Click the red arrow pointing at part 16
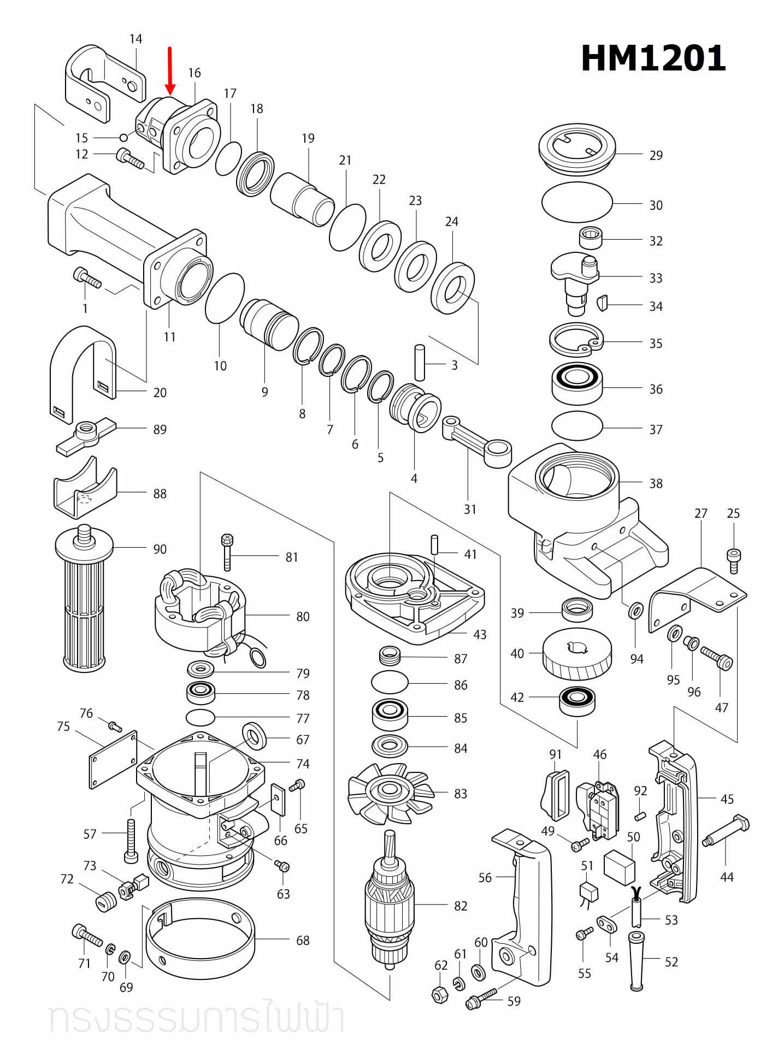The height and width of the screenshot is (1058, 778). [x=170, y=71]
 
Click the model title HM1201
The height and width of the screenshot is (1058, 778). [x=653, y=58]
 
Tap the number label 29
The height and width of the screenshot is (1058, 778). [x=656, y=156]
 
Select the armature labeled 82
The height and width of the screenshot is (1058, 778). [x=390, y=901]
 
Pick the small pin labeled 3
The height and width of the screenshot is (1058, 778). [x=420, y=362]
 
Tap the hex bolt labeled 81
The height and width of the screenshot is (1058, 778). [x=227, y=552]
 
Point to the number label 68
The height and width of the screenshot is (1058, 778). [x=303, y=941]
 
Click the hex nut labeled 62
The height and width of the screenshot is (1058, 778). [x=440, y=995]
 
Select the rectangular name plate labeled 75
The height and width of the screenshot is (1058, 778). [x=113, y=760]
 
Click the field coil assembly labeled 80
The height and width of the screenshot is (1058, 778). [x=199, y=612]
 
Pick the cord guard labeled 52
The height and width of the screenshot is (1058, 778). [x=636, y=961]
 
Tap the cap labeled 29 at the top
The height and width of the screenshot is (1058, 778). [x=577, y=147]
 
